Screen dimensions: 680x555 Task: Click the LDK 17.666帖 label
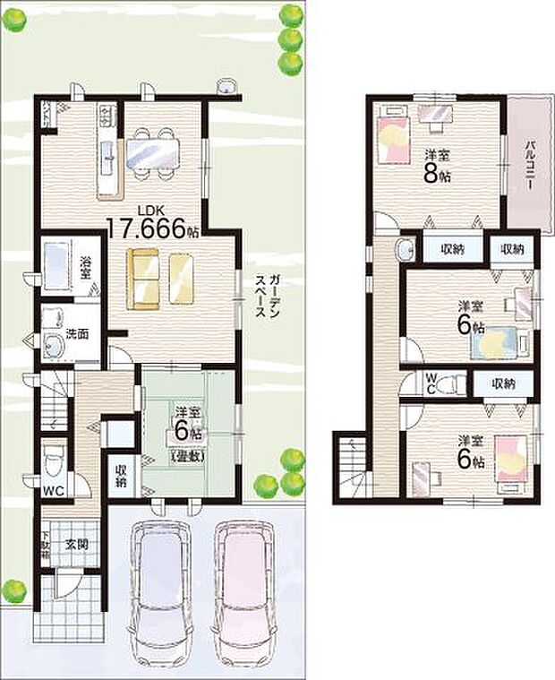153,225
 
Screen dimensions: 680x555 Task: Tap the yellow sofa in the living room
161,279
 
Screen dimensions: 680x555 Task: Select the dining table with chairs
154,149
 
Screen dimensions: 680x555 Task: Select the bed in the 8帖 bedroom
392,138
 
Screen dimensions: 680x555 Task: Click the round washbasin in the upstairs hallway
406,248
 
